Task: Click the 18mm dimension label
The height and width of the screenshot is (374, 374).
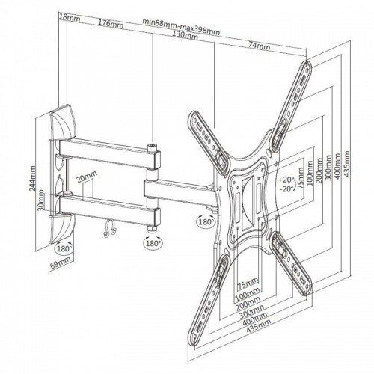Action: pos(70,18)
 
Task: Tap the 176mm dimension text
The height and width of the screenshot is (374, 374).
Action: pos(111,24)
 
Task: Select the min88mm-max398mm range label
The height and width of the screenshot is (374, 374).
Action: pos(181,26)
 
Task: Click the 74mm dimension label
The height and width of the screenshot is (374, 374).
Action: pos(259,46)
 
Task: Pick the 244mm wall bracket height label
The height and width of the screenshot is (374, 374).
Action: pos(33,178)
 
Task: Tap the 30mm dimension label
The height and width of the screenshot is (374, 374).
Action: pos(40,200)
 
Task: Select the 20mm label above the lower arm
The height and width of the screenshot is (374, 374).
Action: pos(87,177)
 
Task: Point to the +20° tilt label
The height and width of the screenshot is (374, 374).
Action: pos(286,180)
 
